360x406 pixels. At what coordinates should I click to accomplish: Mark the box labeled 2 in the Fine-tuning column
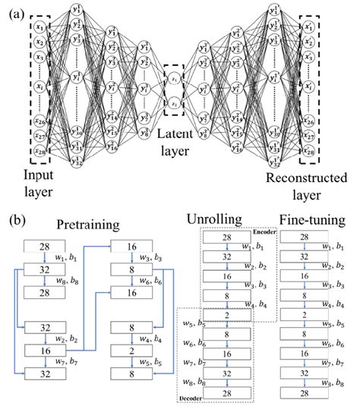tap(303, 315)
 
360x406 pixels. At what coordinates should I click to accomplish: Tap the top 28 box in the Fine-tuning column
tap(303, 238)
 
